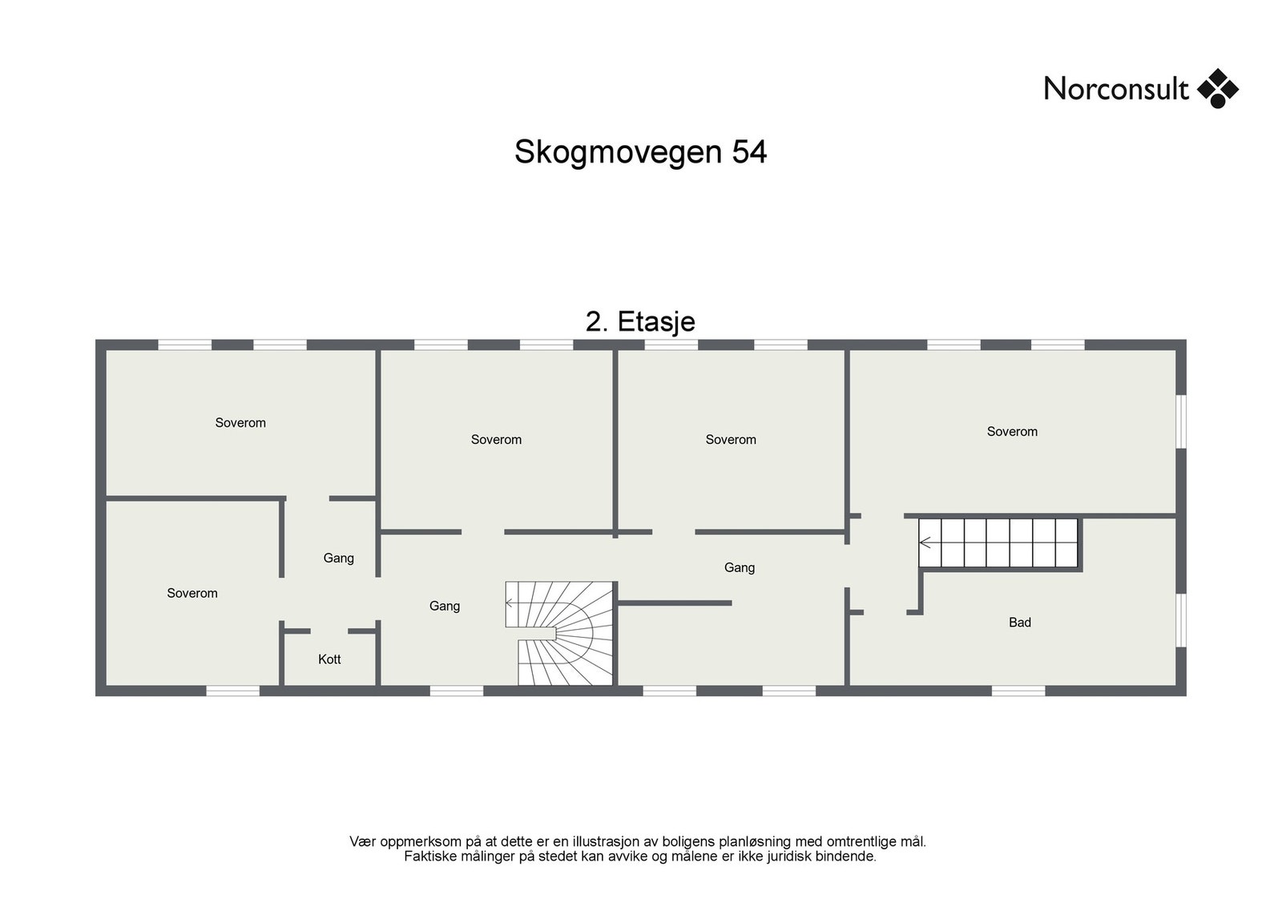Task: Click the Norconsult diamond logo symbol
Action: pyautogui.click(x=1217, y=88)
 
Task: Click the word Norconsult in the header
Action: pyautogui.click(x=1115, y=89)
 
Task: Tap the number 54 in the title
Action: pyautogui.click(x=749, y=152)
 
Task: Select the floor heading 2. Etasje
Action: pyautogui.click(x=640, y=321)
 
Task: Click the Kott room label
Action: pyautogui.click(x=329, y=659)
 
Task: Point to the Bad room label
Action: pyautogui.click(x=1019, y=623)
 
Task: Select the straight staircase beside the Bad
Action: pyautogui.click(x=999, y=543)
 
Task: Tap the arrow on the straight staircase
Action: pyautogui.click(x=925, y=543)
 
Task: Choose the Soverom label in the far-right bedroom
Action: pyautogui.click(x=1012, y=432)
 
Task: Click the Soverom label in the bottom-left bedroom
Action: pyautogui.click(x=192, y=594)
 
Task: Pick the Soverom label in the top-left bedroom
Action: pyautogui.click(x=240, y=423)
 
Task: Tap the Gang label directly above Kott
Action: pyautogui.click(x=338, y=558)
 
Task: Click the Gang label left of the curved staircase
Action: pyautogui.click(x=445, y=607)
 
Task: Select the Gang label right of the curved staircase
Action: pyautogui.click(x=739, y=568)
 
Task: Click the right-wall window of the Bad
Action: pyautogui.click(x=1181, y=619)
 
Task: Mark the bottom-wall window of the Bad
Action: pyautogui.click(x=1018, y=691)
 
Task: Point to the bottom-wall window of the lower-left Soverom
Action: pyautogui.click(x=233, y=691)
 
